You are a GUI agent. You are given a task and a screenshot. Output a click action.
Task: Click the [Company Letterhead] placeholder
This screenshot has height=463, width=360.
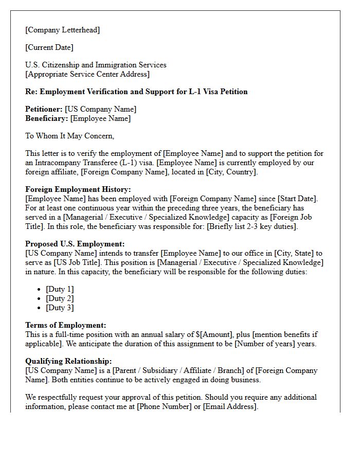click(63, 30)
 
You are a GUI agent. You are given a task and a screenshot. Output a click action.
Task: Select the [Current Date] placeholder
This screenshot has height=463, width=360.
click(49, 47)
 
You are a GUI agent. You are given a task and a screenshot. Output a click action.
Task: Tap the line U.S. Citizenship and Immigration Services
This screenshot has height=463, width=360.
click(96, 65)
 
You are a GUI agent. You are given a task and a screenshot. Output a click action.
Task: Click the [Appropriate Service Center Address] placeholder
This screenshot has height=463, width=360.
click(87, 74)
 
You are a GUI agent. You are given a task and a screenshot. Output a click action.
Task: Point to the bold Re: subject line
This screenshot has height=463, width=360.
click(136, 92)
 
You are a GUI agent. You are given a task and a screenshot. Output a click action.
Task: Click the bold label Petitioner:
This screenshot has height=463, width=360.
click(44, 109)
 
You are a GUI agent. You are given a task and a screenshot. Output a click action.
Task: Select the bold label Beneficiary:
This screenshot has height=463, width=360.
click(47, 118)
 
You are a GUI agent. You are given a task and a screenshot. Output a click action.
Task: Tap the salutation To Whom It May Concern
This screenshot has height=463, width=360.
click(69, 136)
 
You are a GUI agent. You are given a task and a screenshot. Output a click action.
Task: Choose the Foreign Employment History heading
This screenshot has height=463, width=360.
click(78, 189)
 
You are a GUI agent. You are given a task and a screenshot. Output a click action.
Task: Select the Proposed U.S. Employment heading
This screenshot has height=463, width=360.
click(75, 244)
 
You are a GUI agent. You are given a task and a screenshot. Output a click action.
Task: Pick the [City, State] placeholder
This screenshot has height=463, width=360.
click(293, 253)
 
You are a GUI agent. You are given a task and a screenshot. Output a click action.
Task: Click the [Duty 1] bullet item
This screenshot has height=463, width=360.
click(60, 289)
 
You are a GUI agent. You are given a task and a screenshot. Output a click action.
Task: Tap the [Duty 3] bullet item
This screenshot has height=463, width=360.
click(60, 308)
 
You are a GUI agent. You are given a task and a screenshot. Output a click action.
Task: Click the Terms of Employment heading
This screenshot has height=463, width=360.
click(66, 325)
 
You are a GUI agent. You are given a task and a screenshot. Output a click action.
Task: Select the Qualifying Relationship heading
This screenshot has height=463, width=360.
click(68, 361)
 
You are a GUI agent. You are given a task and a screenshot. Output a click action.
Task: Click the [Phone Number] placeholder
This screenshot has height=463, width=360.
click(162, 406)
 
